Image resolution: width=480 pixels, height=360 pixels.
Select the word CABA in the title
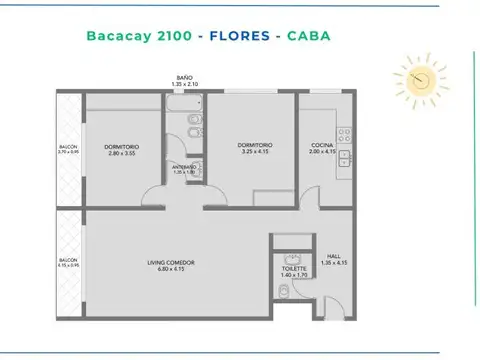click(308, 37)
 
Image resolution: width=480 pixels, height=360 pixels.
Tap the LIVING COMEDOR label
click(170, 263)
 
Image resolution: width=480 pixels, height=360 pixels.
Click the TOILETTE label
click(294, 268)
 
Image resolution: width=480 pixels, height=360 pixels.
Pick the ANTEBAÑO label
click(185, 167)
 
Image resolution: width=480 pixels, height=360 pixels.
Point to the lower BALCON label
click(67, 262)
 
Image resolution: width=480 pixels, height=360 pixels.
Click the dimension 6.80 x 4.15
click(170, 269)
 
